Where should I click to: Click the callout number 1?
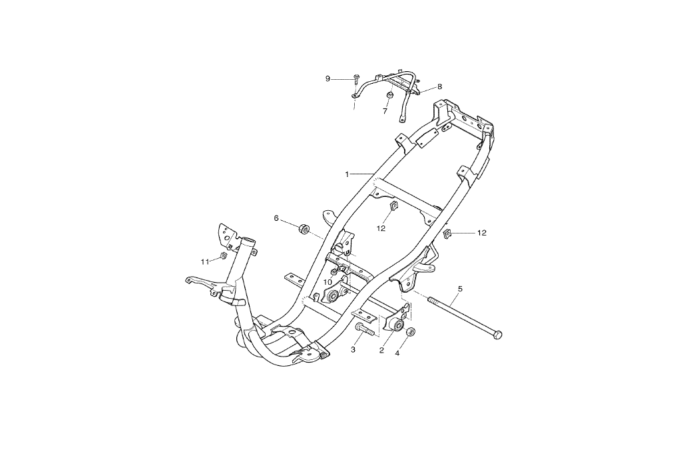(x=347, y=174)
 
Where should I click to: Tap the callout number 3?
(x=353, y=349)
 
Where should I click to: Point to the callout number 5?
(x=459, y=289)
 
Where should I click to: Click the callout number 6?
(x=276, y=218)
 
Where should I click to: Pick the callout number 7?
(x=385, y=111)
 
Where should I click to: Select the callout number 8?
(x=439, y=86)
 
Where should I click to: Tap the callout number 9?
(x=328, y=78)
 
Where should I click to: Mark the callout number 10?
(x=328, y=281)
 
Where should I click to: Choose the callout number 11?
(x=206, y=260)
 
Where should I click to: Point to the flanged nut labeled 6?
(x=303, y=230)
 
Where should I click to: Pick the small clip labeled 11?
(x=224, y=256)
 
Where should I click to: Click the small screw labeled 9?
(x=357, y=78)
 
